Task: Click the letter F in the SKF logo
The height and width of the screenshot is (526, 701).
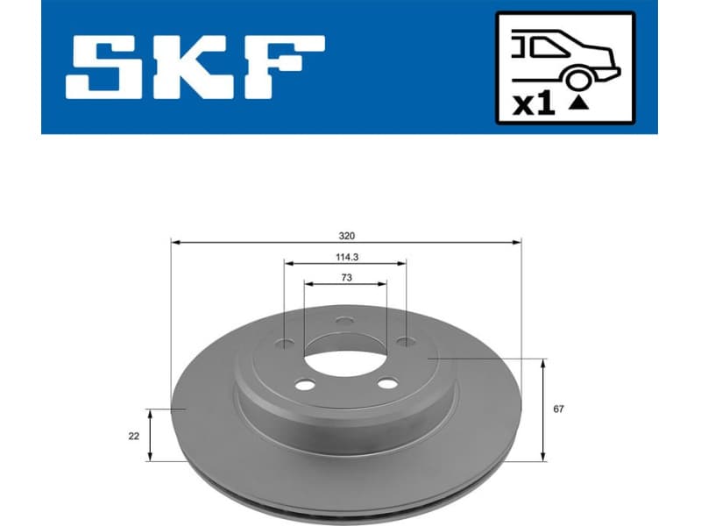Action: point(280,67)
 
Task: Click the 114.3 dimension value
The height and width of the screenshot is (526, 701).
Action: point(346,257)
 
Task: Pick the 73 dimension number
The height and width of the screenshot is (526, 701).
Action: point(346,278)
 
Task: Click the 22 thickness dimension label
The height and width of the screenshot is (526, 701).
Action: point(133,435)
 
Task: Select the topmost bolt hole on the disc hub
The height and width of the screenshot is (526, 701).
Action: point(344,323)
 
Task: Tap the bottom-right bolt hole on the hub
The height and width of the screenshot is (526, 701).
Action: point(386,384)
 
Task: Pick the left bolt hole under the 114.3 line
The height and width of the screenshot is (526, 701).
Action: point(285,343)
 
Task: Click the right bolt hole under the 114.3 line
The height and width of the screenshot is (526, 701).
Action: point(406,342)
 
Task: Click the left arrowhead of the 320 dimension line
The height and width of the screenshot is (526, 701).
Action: point(174,241)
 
